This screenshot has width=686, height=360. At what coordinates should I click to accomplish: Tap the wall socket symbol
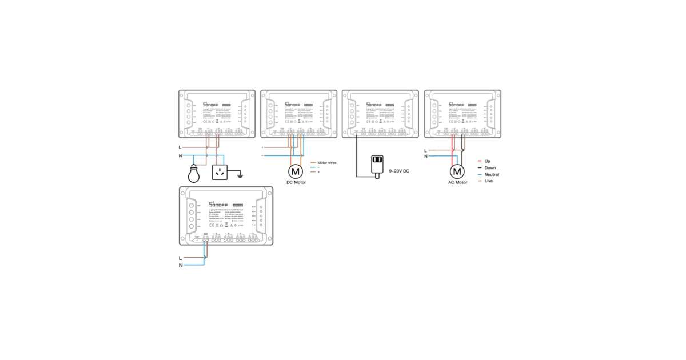point(221,171)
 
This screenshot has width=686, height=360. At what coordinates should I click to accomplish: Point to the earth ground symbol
point(241,174)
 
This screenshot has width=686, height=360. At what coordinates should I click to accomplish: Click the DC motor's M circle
point(295,171)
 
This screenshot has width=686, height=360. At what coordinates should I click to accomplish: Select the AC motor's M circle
point(457,171)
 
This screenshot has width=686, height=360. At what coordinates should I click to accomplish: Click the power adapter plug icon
point(377,165)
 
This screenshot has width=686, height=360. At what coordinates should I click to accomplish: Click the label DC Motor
point(296,183)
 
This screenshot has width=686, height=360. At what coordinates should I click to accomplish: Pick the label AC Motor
point(457,183)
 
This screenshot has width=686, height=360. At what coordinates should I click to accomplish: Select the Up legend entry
point(487,161)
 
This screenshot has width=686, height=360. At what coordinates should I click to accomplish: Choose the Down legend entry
point(490,168)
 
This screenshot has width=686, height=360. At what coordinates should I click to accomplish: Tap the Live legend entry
point(488,181)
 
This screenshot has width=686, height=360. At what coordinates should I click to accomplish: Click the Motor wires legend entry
point(326,162)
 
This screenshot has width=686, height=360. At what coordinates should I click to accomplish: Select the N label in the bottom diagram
point(181,266)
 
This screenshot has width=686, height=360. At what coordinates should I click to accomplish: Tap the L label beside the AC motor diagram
point(425,150)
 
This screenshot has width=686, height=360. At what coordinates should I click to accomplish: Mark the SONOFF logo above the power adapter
point(375,105)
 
